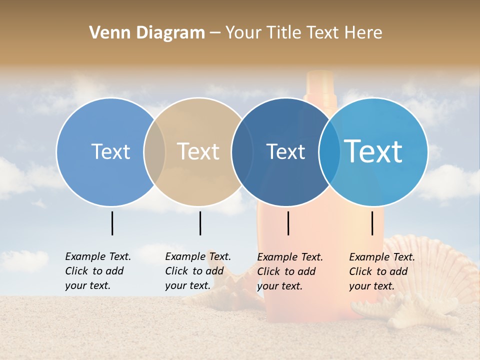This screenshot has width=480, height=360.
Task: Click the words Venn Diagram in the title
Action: (x=147, y=33)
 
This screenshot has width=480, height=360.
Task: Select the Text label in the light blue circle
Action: (x=110, y=151)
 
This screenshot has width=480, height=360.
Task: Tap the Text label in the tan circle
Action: (x=198, y=151)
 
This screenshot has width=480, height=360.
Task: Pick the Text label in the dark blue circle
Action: (x=285, y=151)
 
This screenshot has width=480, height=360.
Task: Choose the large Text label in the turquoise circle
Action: (x=373, y=151)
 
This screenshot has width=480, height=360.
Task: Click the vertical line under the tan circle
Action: (x=200, y=223)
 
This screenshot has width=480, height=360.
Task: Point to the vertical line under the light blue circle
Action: (x=112, y=223)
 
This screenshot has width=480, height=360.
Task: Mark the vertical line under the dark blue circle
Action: (x=288, y=223)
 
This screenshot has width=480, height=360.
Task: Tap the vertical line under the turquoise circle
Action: (x=372, y=223)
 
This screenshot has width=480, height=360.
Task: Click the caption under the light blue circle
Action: (x=98, y=271)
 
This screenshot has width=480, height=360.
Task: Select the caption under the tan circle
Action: (x=198, y=271)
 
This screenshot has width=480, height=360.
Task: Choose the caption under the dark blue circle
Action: (x=290, y=271)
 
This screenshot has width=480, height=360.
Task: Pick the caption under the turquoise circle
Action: (x=382, y=271)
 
